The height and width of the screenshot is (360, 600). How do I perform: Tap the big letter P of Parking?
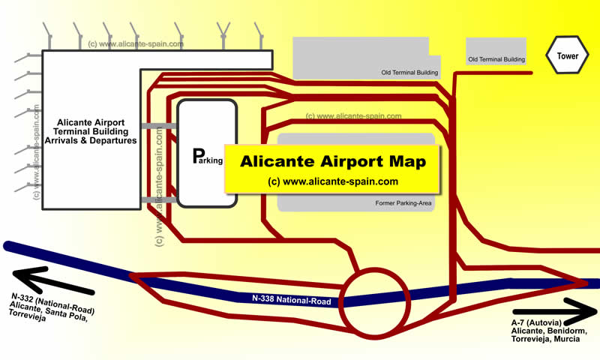pos(198,156)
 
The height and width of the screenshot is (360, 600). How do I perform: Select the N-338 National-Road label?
pos(291,299)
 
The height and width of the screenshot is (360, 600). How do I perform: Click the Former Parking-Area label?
pos(403,203)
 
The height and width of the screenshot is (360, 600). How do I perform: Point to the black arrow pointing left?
pos(53,280)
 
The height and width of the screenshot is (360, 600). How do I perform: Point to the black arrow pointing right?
pos(555,311)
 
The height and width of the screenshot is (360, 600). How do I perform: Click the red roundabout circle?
pos(375,268)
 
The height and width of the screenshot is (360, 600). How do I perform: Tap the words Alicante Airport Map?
pos(332,161)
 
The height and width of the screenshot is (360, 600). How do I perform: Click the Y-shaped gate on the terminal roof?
pos(223,35)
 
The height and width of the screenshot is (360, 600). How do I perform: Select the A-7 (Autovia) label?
pos(536,323)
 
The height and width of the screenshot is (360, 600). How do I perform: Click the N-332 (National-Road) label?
pos(52,303)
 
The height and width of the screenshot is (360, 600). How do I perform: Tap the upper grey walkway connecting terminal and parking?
pos(159,126)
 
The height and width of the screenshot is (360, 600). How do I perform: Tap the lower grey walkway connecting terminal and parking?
pos(159,199)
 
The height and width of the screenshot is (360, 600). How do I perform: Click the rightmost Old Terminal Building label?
pos(496,59)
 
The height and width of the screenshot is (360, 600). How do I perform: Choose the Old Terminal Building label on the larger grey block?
pos(409,72)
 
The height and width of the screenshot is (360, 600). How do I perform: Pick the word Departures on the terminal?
pos(113,140)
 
